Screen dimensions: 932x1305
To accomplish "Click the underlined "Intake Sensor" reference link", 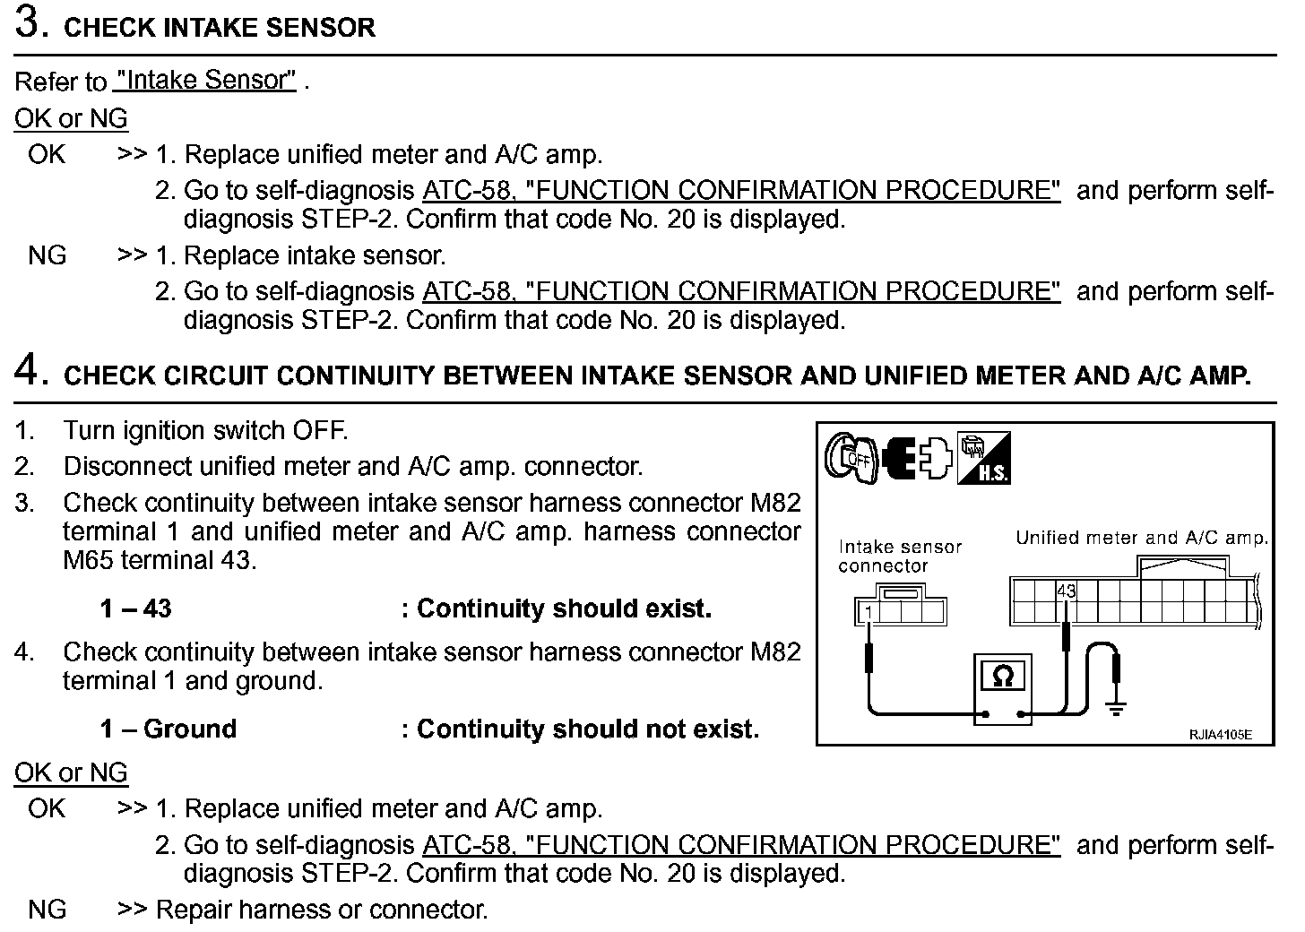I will coord(205,81).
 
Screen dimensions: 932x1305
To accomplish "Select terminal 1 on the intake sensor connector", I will coord(868,613).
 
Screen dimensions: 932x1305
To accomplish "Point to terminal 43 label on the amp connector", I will coord(1066,591).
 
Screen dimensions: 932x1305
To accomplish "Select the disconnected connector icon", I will coord(915,457).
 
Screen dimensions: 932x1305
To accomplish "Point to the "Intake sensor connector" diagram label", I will coord(899,556).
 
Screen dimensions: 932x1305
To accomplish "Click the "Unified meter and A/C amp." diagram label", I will coord(1141,538).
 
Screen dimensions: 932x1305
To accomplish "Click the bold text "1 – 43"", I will coord(135,609).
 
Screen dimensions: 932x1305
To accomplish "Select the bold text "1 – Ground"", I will coord(168,729).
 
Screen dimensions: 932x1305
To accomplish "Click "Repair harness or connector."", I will coord(322,910).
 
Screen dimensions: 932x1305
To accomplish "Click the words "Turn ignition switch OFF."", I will coord(205,430).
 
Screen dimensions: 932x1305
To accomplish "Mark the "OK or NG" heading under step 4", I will coord(71,772).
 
